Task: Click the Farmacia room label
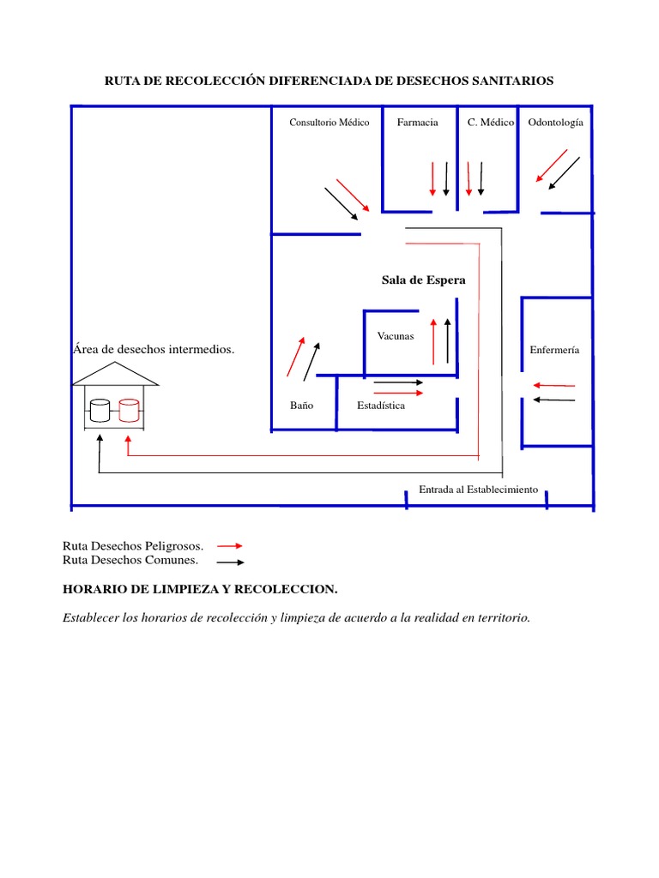417,123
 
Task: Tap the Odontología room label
555,123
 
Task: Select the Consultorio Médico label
329,123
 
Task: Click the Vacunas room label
396,336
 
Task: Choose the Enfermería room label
554,350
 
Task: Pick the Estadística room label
381,406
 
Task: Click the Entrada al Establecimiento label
478,490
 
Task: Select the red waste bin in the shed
129,410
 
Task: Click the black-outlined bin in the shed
100,410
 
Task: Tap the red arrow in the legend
230,545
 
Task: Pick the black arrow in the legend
230,562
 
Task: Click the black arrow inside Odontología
563,172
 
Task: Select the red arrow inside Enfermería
553,385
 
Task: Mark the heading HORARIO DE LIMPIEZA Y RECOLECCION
201,589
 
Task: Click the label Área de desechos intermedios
154,350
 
